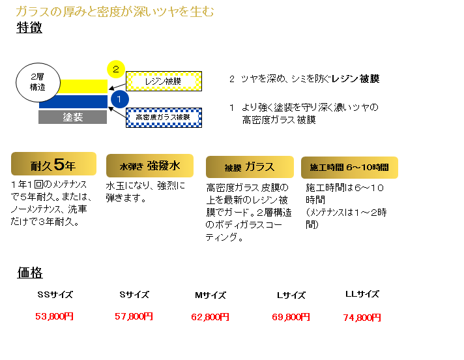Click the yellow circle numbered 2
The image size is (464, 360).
pos(116,69)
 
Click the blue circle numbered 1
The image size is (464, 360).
pos(119,99)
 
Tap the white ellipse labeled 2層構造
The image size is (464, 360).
pos(38,82)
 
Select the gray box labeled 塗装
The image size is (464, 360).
pos(72,117)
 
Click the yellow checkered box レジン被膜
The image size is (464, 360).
pos(164,81)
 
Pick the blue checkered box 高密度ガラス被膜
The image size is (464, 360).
pos(164,117)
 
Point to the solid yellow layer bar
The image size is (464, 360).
pos(83,87)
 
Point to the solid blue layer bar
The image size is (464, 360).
pos(74,102)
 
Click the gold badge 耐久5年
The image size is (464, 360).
pos(53,164)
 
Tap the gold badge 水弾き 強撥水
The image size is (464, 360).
pos(150,166)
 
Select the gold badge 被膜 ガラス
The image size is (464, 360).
pos(250,167)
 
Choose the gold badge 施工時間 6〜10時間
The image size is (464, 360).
pos(349,167)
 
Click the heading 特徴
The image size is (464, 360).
pos(29,27)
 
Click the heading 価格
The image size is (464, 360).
pos(30,273)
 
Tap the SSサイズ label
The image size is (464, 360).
pos(55,295)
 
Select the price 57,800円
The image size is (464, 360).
pos(134,316)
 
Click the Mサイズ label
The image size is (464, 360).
pos(210,295)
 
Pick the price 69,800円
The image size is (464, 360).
pos(291,317)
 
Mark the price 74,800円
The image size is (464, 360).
pos(362,318)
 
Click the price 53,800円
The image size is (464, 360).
pos(54,316)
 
